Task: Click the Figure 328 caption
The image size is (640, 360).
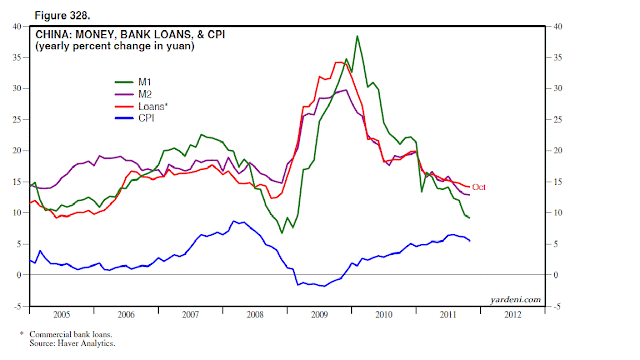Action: point(62,16)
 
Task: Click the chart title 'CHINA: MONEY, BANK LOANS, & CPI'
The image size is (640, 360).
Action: point(130,34)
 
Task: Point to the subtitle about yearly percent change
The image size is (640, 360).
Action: point(115,46)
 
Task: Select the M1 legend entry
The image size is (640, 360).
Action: point(133,82)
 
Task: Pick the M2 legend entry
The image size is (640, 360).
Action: point(133,94)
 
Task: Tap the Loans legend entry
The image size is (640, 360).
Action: point(141,107)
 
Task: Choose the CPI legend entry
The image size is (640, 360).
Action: point(135,118)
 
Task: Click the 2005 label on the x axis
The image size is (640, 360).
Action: point(62,315)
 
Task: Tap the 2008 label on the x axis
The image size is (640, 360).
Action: point(255,315)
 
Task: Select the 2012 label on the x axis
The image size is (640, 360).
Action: point(513,315)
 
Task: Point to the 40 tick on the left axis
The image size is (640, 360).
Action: point(17,27)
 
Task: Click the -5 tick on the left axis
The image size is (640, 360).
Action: point(18,306)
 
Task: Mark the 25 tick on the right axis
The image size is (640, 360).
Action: point(558,120)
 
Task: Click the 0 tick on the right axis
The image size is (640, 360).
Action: point(556,275)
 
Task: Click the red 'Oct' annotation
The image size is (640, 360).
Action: point(479,187)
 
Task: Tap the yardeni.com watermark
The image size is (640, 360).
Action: point(516,300)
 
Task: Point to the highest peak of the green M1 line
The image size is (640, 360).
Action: point(357,36)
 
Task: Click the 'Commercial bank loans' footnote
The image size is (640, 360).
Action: point(71,334)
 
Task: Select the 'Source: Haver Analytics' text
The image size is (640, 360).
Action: point(72,343)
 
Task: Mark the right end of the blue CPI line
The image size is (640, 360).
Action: point(470,241)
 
